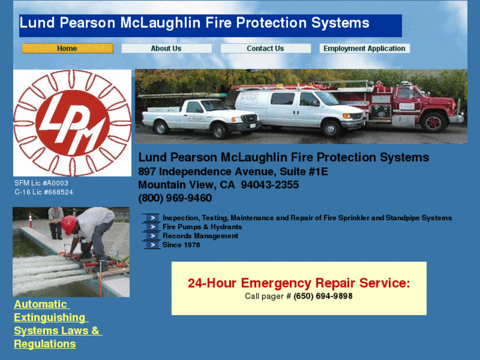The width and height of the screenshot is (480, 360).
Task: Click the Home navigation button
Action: pos(67,48)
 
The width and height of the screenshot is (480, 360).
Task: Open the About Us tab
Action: pos(166,48)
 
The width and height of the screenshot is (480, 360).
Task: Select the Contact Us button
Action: pos(265,48)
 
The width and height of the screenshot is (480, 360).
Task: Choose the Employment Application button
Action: pos(364,48)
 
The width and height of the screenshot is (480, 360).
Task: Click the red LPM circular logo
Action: pos(72,123)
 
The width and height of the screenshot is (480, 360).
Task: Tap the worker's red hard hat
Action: pos(69,224)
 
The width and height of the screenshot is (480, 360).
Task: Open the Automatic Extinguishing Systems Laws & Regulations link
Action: pos(57,324)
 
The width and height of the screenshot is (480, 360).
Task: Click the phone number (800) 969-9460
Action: pos(175,198)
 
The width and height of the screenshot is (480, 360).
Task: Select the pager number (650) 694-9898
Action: pos(323,296)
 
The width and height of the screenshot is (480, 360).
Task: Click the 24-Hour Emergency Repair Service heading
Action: pos(298,283)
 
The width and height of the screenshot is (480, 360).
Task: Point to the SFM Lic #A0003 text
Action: pos(41,183)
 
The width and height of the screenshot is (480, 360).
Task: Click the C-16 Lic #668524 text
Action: pos(44,192)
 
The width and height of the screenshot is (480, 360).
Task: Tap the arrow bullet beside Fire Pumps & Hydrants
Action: pos(152,227)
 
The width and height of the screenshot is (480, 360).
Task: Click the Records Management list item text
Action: pos(191,236)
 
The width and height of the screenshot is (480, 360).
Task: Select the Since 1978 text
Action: pos(181,245)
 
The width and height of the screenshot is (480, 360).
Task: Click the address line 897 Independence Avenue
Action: pos(233,171)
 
